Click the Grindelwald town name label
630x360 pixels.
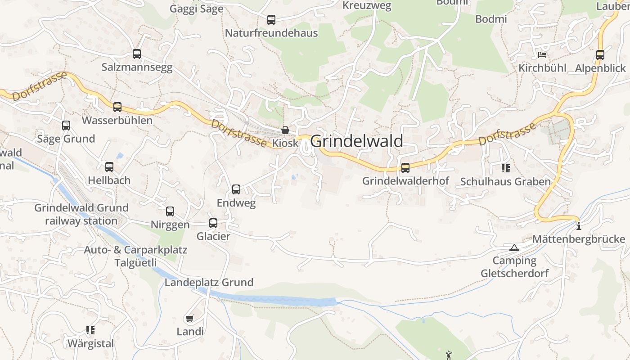[356, 141]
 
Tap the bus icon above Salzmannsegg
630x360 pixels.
[137, 54]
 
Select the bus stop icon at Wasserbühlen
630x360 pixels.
[117, 107]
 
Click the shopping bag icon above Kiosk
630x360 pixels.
[285, 130]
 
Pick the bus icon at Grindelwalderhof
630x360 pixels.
[405, 168]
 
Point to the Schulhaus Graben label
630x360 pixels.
[505, 182]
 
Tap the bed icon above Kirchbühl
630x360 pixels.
[542, 55]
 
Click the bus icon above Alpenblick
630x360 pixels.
[600, 55]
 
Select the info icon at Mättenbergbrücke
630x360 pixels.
[579, 226]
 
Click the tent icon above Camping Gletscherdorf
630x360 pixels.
[514, 247]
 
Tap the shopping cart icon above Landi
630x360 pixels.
[190, 319]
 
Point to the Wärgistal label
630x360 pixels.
[90, 344]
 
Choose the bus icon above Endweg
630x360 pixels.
[236, 189]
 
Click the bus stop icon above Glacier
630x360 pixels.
[213, 223]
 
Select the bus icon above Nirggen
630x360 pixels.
[170, 211]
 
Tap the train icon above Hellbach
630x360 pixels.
[109, 167]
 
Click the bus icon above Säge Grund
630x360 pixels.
[66, 126]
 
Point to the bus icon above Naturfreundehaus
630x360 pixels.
[271, 20]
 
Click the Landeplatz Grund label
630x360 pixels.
[209, 283]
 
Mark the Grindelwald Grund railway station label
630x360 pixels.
[81, 214]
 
